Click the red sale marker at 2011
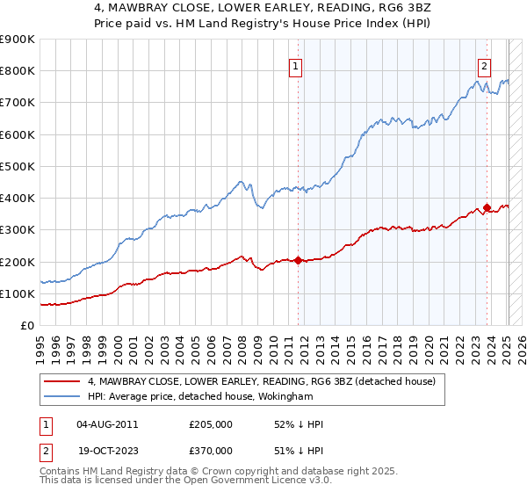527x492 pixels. pyautogui.click(x=298, y=260)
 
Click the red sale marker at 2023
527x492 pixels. pyautogui.click(x=487, y=207)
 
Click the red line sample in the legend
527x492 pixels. pyautogui.click(x=61, y=382)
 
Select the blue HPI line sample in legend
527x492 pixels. pyautogui.click(x=61, y=397)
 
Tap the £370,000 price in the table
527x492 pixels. pyautogui.click(x=211, y=450)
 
